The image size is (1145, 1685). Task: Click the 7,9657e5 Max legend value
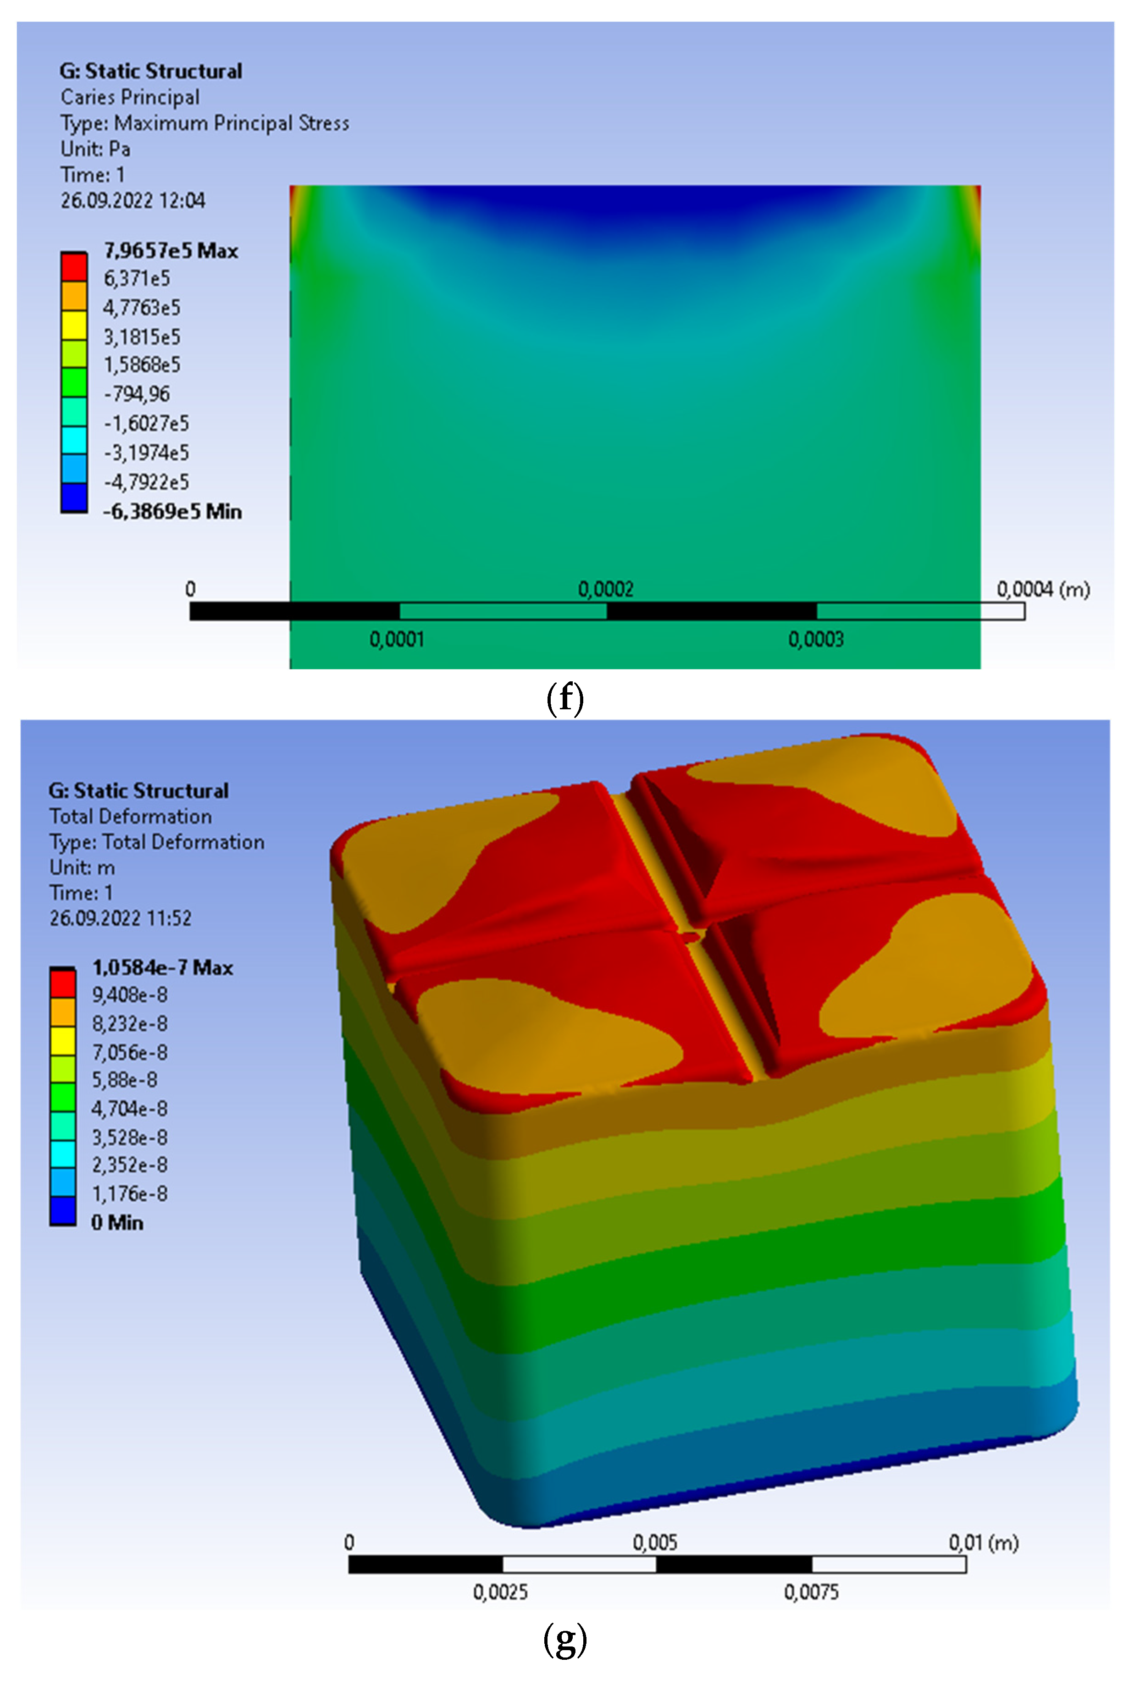(x=171, y=251)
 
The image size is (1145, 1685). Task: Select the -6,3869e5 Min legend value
(x=172, y=512)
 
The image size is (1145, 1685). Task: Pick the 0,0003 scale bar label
(x=816, y=640)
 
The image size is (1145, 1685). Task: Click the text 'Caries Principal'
(x=130, y=97)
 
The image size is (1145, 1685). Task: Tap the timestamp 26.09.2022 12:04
(x=133, y=201)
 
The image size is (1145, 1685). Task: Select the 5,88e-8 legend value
(x=124, y=1080)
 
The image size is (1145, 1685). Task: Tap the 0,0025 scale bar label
(x=500, y=1592)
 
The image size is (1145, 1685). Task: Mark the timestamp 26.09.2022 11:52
(x=121, y=919)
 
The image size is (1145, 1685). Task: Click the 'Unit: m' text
(x=82, y=868)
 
